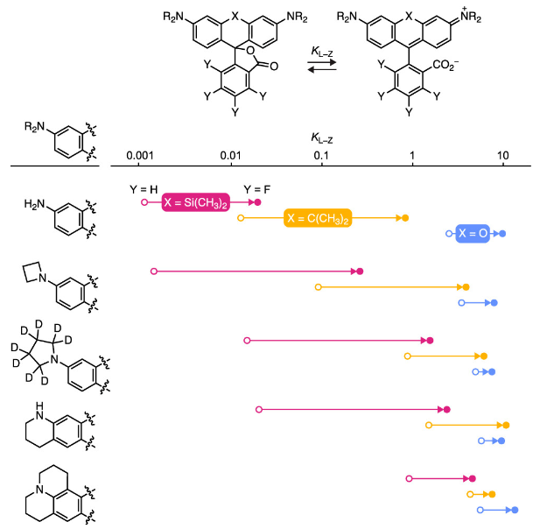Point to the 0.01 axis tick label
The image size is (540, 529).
coord(231,155)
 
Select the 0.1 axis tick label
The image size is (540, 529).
coord(321,155)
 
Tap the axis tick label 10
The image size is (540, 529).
coord(503,155)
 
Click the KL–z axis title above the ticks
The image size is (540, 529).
coord(321,138)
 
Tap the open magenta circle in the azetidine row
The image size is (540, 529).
coord(154,272)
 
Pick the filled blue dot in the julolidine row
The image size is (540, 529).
coord(514,510)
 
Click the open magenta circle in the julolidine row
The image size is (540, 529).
coord(409,478)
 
